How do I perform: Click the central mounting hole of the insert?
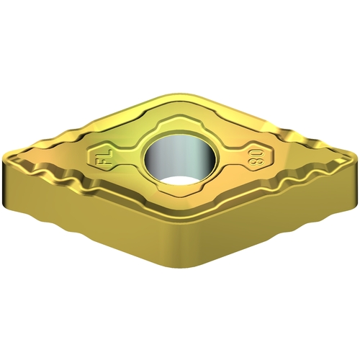[181, 160]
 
